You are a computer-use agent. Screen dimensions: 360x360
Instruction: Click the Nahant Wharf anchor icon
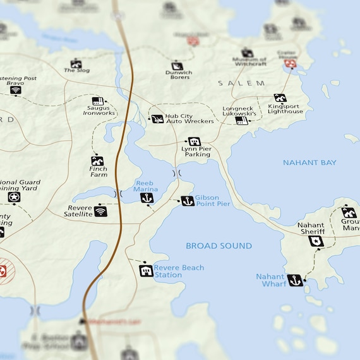tap(295, 280)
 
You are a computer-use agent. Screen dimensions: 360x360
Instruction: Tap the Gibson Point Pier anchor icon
tap(188, 201)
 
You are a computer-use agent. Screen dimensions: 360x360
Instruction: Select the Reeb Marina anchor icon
tap(147, 198)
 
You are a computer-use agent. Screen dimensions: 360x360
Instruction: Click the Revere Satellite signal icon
tap(100, 211)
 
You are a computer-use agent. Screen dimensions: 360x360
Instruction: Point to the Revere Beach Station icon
tap(146, 271)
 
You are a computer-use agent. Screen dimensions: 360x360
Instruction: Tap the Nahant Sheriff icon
tap(316, 241)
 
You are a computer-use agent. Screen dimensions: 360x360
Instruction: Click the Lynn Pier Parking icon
tap(195, 141)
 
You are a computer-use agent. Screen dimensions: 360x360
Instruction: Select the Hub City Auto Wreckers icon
tap(157, 119)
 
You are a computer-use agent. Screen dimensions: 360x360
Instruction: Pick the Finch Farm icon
tap(97, 160)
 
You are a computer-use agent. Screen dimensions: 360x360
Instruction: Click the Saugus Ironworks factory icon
tap(97, 101)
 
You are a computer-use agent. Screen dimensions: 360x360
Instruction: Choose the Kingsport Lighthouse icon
tap(280, 98)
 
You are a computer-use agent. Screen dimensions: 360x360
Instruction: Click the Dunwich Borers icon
tap(177, 66)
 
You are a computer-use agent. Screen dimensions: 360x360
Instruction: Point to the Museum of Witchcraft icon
tap(247, 53)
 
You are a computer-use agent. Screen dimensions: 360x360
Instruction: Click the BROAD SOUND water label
tap(219, 246)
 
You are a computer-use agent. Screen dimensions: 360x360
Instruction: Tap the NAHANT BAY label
tap(309, 162)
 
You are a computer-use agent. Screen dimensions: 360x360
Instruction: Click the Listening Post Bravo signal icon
tap(16, 90)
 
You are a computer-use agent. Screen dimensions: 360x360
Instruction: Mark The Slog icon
tap(76, 63)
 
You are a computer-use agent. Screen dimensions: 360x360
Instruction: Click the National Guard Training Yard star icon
tap(14, 197)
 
